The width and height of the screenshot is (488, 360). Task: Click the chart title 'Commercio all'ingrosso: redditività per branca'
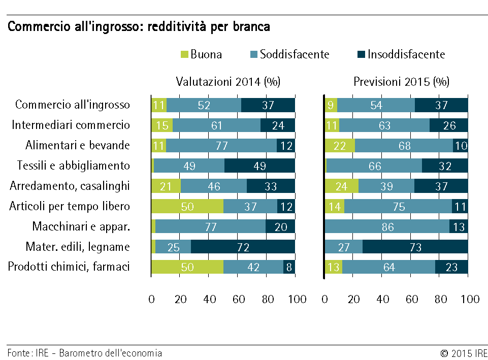(x=139, y=27)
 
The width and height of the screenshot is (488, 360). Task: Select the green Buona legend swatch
(x=185, y=54)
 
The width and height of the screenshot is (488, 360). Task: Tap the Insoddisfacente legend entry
(x=406, y=54)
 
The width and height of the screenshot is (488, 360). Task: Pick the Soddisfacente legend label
(x=295, y=54)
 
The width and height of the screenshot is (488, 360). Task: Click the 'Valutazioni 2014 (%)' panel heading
(x=228, y=82)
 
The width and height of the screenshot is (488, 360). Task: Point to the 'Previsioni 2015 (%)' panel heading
(x=401, y=82)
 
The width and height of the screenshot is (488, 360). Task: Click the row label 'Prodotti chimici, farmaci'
(x=69, y=267)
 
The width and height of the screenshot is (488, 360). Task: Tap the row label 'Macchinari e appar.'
(x=81, y=226)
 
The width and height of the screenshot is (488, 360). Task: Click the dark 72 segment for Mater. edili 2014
(x=243, y=247)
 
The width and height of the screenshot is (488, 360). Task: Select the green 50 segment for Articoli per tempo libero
(x=187, y=206)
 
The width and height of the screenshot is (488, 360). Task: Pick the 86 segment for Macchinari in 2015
(x=387, y=226)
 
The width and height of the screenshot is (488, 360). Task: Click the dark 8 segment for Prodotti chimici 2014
(x=289, y=267)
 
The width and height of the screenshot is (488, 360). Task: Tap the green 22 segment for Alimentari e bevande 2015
(x=340, y=146)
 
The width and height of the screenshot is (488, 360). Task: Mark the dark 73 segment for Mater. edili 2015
(x=415, y=247)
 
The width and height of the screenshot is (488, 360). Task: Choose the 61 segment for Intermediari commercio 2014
(x=217, y=125)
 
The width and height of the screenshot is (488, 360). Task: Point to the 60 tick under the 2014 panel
(x=239, y=299)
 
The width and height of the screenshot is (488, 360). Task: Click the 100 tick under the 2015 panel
(x=470, y=299)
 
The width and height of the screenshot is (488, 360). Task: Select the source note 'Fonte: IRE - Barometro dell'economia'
(x=85, y=353)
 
